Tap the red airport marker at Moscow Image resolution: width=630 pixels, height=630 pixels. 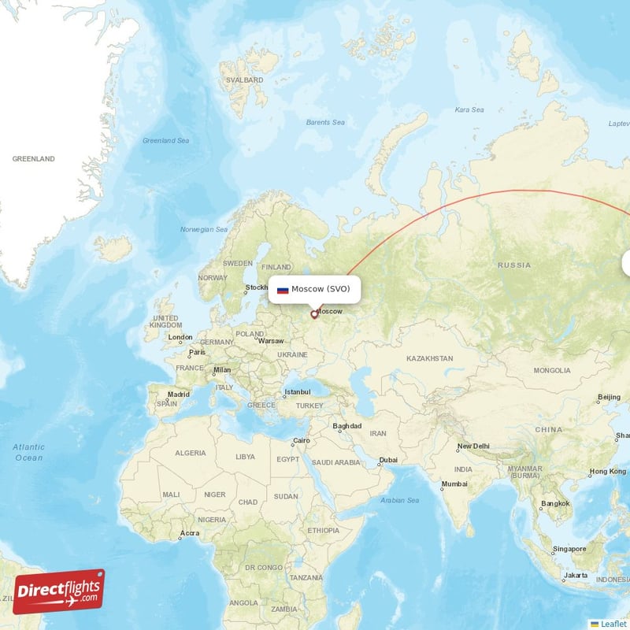click(x=314, y=315)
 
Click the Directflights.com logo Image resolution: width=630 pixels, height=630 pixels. click(x=59, y=591)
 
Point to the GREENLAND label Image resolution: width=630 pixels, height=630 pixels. click(x=34, y=159)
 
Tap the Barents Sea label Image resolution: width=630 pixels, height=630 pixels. click(x=325, y=122)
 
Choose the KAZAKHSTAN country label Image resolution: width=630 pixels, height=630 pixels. click(x=430, y=358)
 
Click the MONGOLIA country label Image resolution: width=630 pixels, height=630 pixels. click(x=552, y=370)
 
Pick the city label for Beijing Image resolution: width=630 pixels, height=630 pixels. click(x=609, y=397)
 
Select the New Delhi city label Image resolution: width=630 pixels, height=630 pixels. click(x=473, y=447)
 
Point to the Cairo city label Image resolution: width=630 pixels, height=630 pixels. click(x=301, y=441)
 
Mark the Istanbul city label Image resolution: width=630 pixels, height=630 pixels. click(x=298, y=391)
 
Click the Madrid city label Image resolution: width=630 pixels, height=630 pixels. click(x=178, y=395)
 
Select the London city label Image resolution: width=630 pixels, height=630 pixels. click(x=180, y=338)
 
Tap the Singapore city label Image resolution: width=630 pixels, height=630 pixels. click(x=569, y=549)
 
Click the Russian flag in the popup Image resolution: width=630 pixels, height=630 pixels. click(x=283, y=290)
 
